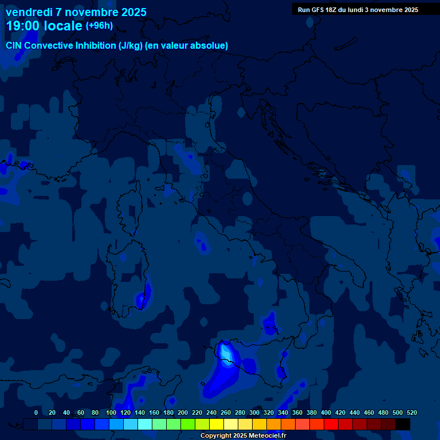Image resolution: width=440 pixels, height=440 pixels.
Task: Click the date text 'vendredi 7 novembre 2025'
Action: coord(76,12)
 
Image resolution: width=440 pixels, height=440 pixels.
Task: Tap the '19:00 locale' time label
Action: coord(44,26)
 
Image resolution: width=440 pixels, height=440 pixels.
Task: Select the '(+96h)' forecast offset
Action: coord(99,26)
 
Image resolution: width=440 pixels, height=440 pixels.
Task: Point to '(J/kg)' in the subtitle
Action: coord(131,46)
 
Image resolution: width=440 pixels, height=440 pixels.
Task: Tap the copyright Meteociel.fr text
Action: coord(243,436)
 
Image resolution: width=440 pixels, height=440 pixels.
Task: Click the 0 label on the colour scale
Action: coord(36,412)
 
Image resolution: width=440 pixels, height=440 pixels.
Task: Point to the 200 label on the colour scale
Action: coord(183,412)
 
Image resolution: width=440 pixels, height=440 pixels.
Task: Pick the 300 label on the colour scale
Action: coord(254,412)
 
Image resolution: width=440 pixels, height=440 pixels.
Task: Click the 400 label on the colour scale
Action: coord(326,412)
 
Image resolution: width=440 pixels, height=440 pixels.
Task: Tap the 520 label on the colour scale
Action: coord(411,412)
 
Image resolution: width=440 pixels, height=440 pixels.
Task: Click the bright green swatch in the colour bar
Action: coord(188,424)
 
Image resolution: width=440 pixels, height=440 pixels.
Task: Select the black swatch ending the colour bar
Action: coord(403,424)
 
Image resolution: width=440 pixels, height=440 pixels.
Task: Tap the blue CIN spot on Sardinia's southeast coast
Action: coord(142,298)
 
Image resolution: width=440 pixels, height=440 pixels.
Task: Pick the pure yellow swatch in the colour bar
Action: coord(217,424)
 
